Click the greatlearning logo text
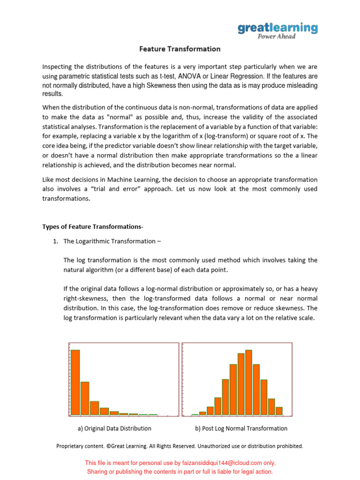tap(277, 28)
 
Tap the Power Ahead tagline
tap(277, 37)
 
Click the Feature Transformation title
tap(180, 49)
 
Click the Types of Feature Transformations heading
tap(93, 227)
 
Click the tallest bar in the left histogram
tap(75, 382)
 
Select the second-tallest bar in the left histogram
tap(85, 398)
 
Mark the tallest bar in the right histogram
tap(248, 382)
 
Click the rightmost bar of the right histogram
tap(279, 411)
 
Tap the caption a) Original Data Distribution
tap(114, 428)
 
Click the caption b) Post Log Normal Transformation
tap(241, 428)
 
